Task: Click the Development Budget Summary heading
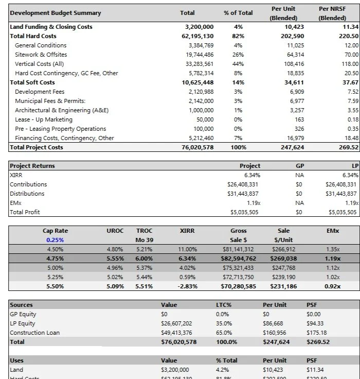point(56,13)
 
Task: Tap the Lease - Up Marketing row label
point(44,119)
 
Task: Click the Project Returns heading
point(32,166)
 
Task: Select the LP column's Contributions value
point(341,184)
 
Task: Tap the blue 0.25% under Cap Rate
point(55,240)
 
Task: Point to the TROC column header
point(144,231)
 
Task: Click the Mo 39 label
point(144,240)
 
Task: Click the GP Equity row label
point(23,314)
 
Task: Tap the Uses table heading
point(17,360)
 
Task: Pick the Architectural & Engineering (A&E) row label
point(62,110)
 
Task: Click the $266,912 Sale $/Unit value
point(283,249)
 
